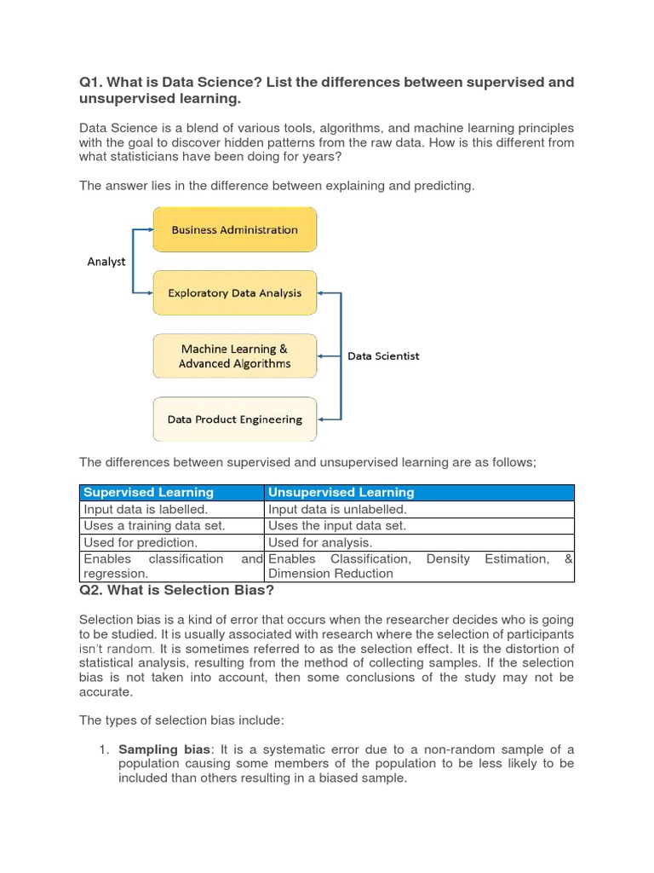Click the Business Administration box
(234, 229)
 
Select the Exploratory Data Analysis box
(234, 293)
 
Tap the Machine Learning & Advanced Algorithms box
(234, 356)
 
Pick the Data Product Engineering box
(234, 419)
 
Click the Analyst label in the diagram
(106, 262)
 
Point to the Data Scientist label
(383, 356)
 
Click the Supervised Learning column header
(149, 493)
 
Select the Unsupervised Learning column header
(341, 493)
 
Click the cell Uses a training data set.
(154, 526)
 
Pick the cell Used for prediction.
(141, 542)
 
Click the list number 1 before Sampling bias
(103, 749)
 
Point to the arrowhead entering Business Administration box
(149, 229)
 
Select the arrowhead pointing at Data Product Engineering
(321, 419)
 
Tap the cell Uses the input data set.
(337, 526)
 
